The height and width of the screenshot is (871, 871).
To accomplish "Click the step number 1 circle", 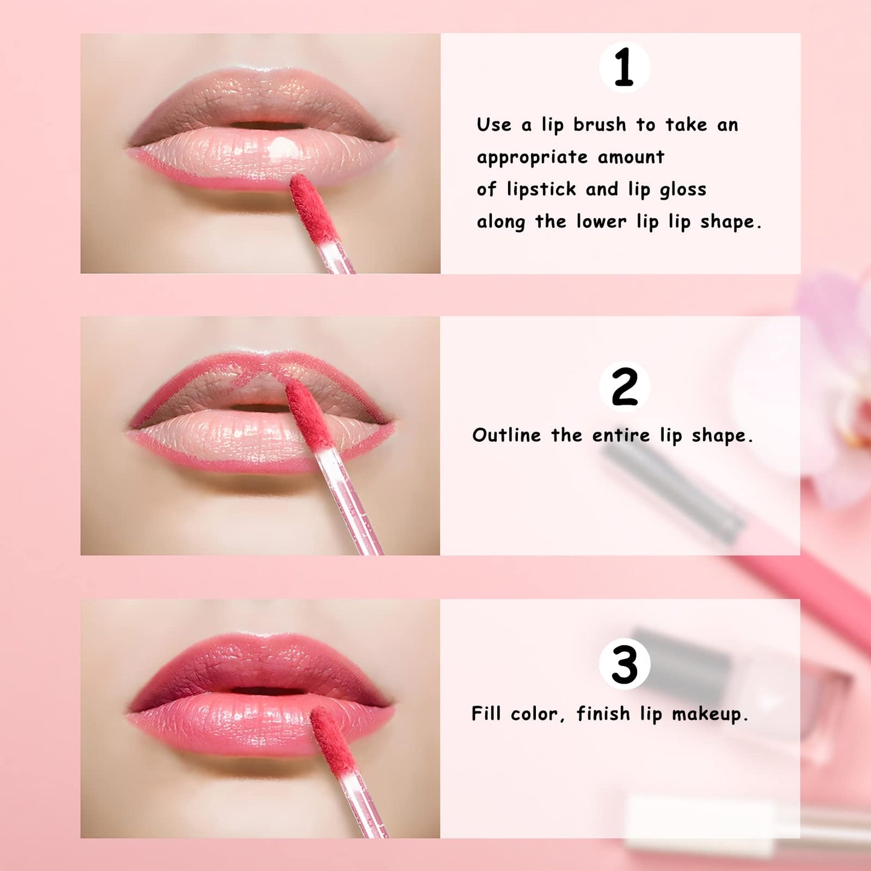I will [x=624, y=67].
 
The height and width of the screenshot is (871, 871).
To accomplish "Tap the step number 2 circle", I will [x=624, y=386].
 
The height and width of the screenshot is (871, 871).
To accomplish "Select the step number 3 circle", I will [x=624, y=664].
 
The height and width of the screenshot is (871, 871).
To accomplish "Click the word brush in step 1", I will [x=599, y=125].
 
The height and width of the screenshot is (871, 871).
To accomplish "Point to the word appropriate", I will [x=532, y=158].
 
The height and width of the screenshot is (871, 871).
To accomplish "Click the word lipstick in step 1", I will [x=541, y=190].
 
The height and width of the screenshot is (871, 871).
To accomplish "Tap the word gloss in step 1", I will [x=682, y=190].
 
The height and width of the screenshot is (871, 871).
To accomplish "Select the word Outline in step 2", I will [x=506, y=435].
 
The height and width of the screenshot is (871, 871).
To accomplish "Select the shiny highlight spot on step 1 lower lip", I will [x=281, y=147].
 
